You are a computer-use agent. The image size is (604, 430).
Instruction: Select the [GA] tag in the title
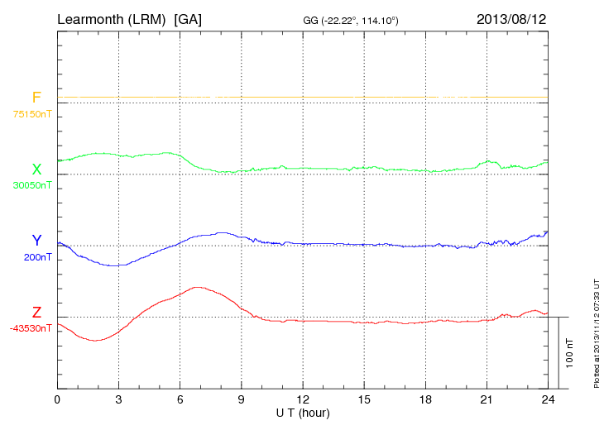coord(188,18)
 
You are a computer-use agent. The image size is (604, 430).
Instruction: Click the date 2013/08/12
coord(511,18)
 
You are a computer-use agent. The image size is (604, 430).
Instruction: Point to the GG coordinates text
coord(352,19)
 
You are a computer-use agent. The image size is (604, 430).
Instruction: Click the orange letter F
coord(36,98)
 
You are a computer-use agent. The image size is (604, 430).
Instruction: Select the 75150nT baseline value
coord(31,114)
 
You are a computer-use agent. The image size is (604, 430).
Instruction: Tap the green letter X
coord(36,170)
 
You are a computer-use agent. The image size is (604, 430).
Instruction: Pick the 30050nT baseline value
coord(31,185)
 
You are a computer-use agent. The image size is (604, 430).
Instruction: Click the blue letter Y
coord(36,241)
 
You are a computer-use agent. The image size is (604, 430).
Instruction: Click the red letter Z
coord(36,312)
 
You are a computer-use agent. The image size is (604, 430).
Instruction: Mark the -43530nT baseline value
coord(31,328)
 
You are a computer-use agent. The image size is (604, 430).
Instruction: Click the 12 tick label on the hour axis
coord(303,399)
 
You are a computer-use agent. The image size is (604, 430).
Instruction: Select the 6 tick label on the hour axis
coord(180,399)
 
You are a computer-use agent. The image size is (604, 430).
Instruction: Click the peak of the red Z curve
coord(197,287)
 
